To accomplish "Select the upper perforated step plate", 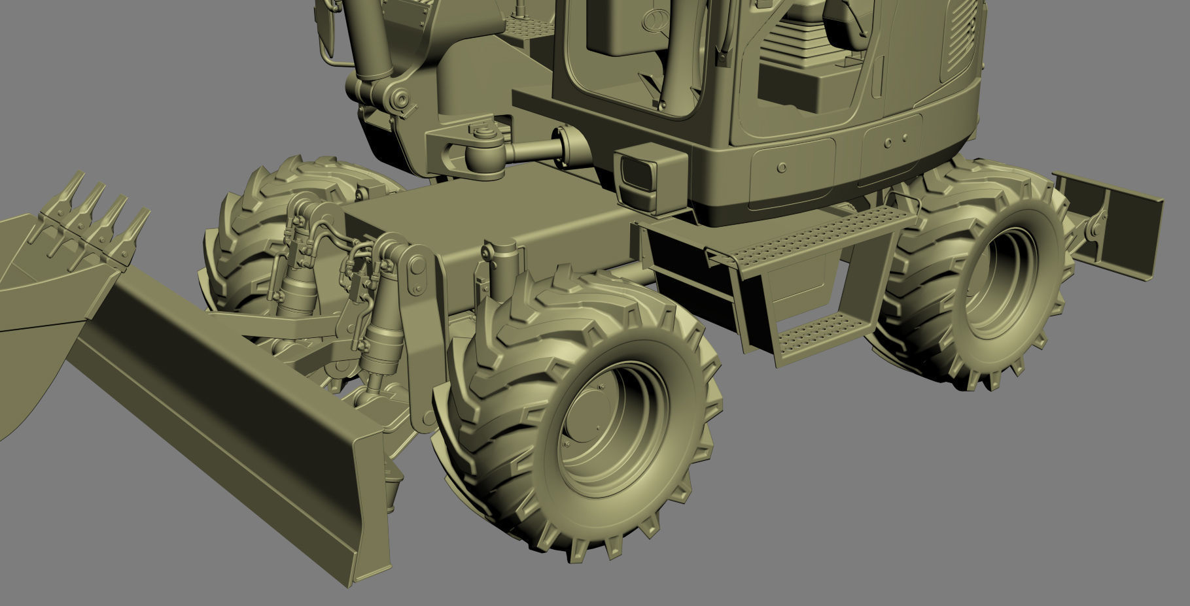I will point(811,236).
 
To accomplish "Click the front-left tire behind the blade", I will point(262,216).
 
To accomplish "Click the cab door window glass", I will point(628,59).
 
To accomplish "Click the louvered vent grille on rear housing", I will point(962,46).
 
